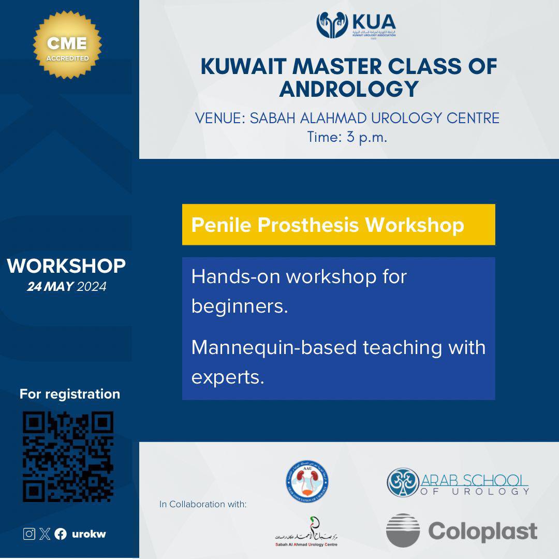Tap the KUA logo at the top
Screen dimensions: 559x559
pos(356,26)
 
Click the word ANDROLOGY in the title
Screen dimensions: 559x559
pos(348,89)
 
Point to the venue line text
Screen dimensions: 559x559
pos(347,118)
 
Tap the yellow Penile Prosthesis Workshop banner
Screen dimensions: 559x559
pos(338,225)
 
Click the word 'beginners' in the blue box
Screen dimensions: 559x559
pos(239,306)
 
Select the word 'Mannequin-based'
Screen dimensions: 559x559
pos(274,347)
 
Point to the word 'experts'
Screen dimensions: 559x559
pos(228,377)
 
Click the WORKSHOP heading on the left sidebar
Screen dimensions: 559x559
pos(66,266)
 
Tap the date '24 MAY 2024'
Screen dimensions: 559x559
pos(66,286)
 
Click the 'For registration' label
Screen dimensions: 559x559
pos(70,394)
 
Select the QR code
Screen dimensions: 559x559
pos(68,457)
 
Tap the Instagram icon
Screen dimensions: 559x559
pos(29,534)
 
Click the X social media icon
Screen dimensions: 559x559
pos(45,534)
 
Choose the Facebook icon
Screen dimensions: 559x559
pos(61,534)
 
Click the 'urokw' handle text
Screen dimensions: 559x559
pos(89,534)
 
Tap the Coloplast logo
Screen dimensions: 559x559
pos(461,531)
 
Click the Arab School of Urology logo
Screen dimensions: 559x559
pos(458,482)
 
